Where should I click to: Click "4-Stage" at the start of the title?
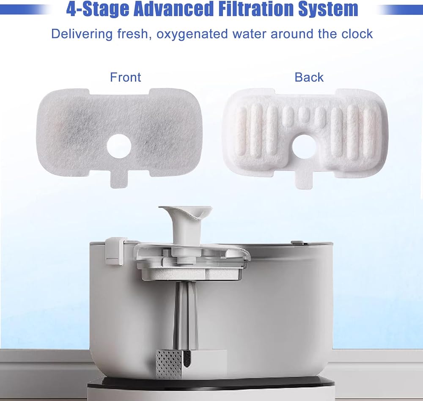[97, 9]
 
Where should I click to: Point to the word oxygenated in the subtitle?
[192, 34]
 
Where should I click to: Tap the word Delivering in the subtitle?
[82, 34]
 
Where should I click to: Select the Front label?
[126, 77]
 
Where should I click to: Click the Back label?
[309, 77]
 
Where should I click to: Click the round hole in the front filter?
[119, 146]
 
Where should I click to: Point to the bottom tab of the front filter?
[119, 180]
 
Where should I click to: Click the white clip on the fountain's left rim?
[115, 251]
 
